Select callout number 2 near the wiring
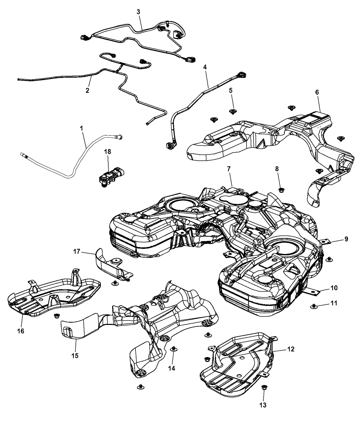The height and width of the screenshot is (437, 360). click(87, 90)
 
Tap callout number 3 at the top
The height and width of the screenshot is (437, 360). click(138, 12)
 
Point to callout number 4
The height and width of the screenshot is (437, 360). click(205, 67)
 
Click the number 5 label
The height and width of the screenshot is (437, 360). click(231, 90)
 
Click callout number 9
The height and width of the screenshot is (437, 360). click(346, 239)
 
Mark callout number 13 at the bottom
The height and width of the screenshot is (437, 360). click(263, 405)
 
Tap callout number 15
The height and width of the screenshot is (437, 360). click(75, 355)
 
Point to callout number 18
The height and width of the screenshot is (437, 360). click(109, 151)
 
